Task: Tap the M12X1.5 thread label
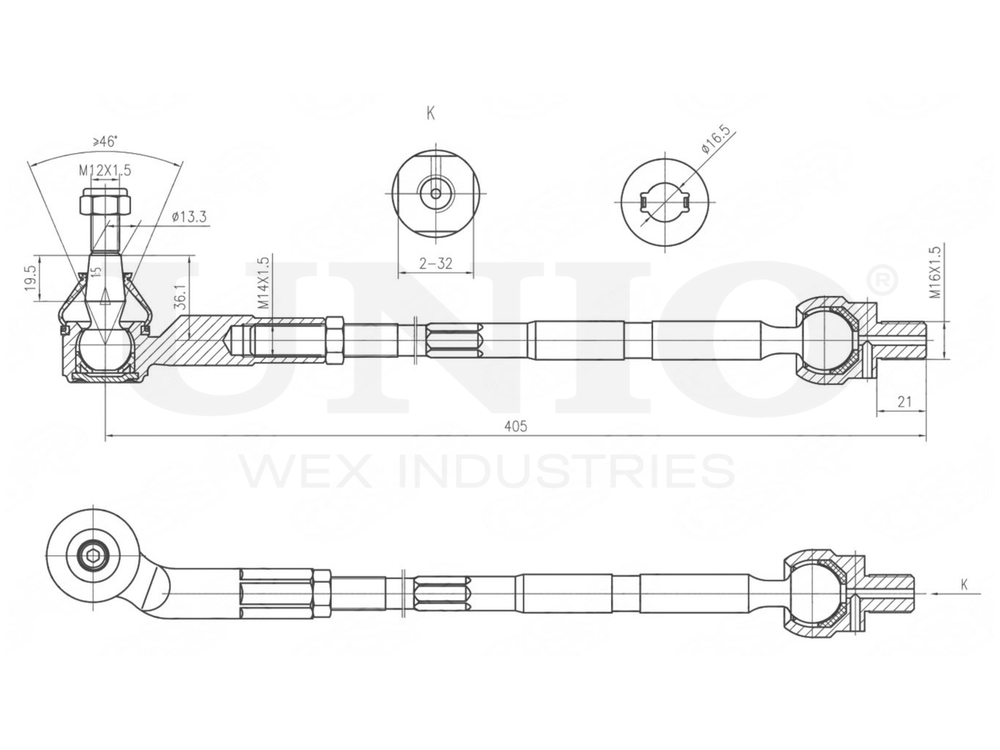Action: pos(104,169)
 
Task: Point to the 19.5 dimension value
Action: pos(30,277)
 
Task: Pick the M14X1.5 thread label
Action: pos(263,284)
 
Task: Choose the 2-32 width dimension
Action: pos(435,263)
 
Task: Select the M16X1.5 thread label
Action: pos(934,273)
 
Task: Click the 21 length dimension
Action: pos(905,402)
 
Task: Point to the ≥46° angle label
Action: pos(105,141)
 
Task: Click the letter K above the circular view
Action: pos(430,113)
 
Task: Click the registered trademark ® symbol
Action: pos(880,278)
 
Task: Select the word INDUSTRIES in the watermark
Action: pos(566,471)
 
